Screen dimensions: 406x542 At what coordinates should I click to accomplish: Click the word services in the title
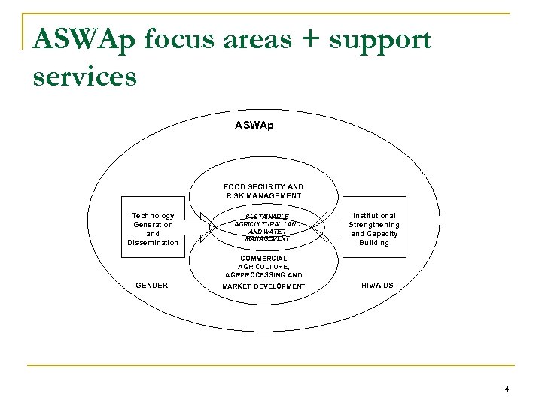coord(85,76)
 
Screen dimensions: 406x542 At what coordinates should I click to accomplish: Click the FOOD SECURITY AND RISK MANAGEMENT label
coord(263,191)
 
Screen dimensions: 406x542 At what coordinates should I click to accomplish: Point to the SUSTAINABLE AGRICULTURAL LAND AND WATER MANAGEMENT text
coord(266,228)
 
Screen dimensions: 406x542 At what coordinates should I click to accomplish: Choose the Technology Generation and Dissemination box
coord(153,229)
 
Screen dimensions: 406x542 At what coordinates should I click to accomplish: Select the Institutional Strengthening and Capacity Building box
coord(374,229)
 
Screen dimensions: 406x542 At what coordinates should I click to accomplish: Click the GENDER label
coord(151,286)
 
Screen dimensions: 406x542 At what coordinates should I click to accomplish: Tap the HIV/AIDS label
coord(377,286)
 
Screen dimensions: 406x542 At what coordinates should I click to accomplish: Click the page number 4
coord(507,389)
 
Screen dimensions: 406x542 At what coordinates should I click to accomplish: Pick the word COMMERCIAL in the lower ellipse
coord(263,258)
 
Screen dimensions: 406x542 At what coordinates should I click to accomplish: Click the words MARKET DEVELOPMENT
coord(263,286)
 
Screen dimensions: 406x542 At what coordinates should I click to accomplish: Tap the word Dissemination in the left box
coord(153,242)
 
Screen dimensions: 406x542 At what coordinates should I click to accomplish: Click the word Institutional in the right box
coord(374,215)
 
